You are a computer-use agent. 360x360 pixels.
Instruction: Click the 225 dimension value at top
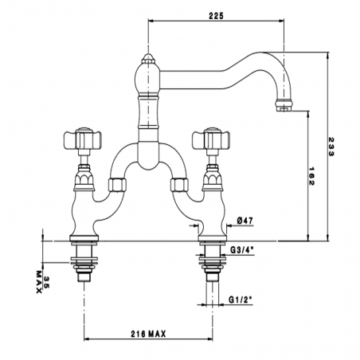[x=216, y=16]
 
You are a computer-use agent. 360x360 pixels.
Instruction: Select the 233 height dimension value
[x=331, y=147]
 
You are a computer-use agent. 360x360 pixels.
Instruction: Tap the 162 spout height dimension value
[x=311, y=176]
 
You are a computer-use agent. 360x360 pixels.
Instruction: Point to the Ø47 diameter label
[x=245, y=221]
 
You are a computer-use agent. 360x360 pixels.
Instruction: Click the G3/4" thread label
[x=242, y=249]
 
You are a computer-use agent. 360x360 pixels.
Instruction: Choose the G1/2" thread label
[x=240, y=300]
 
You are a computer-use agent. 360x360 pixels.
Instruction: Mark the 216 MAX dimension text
[x=148, y=334]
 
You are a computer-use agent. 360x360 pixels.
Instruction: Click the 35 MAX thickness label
[x=42, y=282]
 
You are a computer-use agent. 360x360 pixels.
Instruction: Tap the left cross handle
[x=83, y=138]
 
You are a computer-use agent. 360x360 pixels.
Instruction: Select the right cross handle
[x=211, y=138]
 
